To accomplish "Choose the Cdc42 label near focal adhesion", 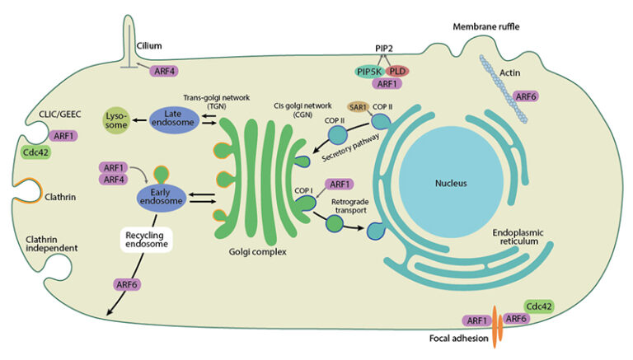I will [x=539, y=306].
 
